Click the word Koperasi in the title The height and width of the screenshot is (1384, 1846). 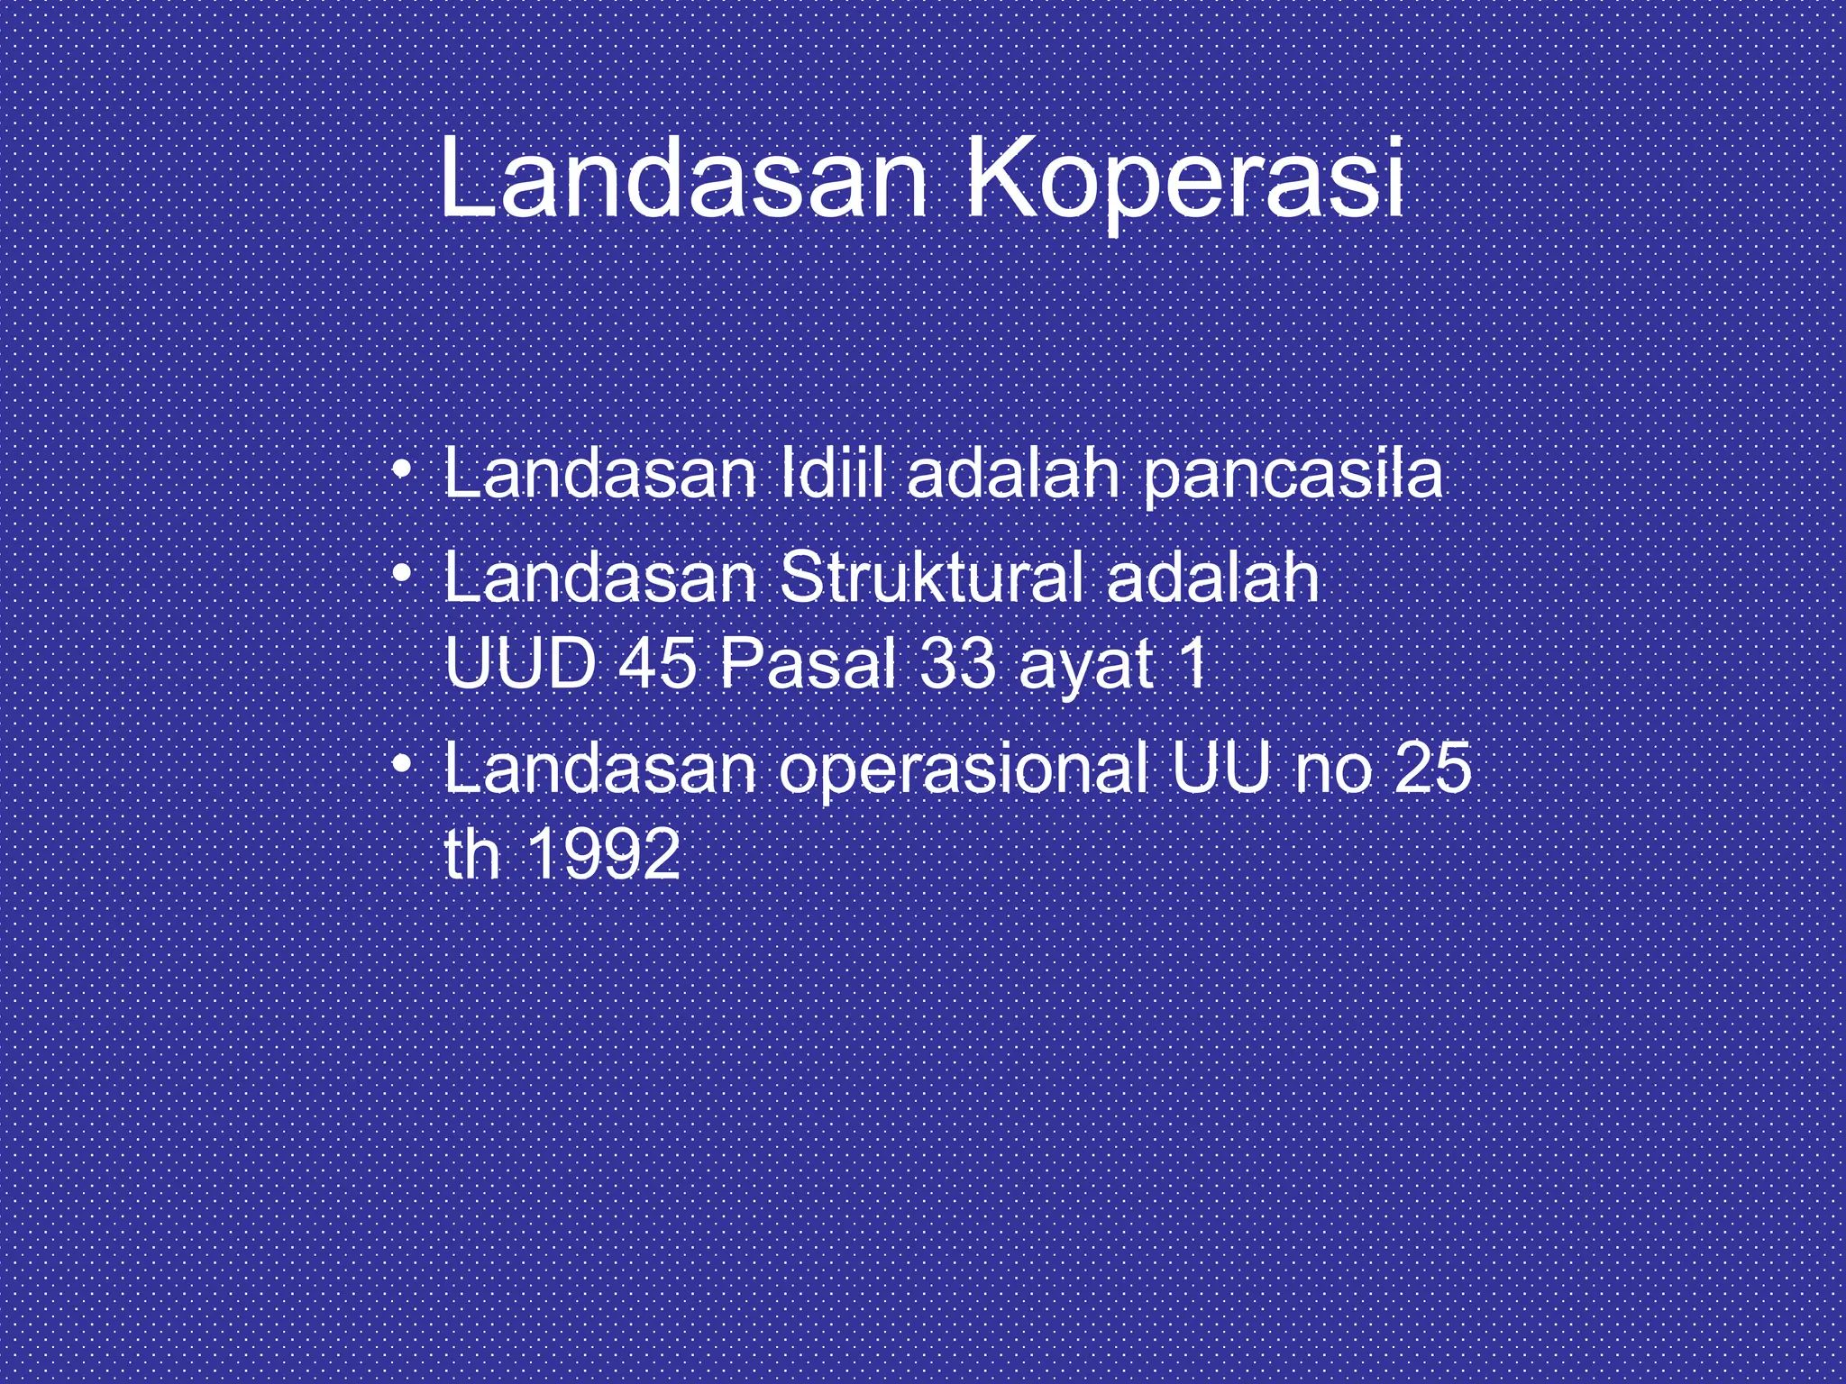1184,184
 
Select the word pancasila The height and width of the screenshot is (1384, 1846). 1293,478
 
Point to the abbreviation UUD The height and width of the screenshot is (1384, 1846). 522,664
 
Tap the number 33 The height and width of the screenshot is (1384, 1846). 946,664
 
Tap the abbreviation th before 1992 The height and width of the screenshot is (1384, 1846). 471,854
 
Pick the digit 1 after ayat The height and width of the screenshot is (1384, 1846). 1195,664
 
